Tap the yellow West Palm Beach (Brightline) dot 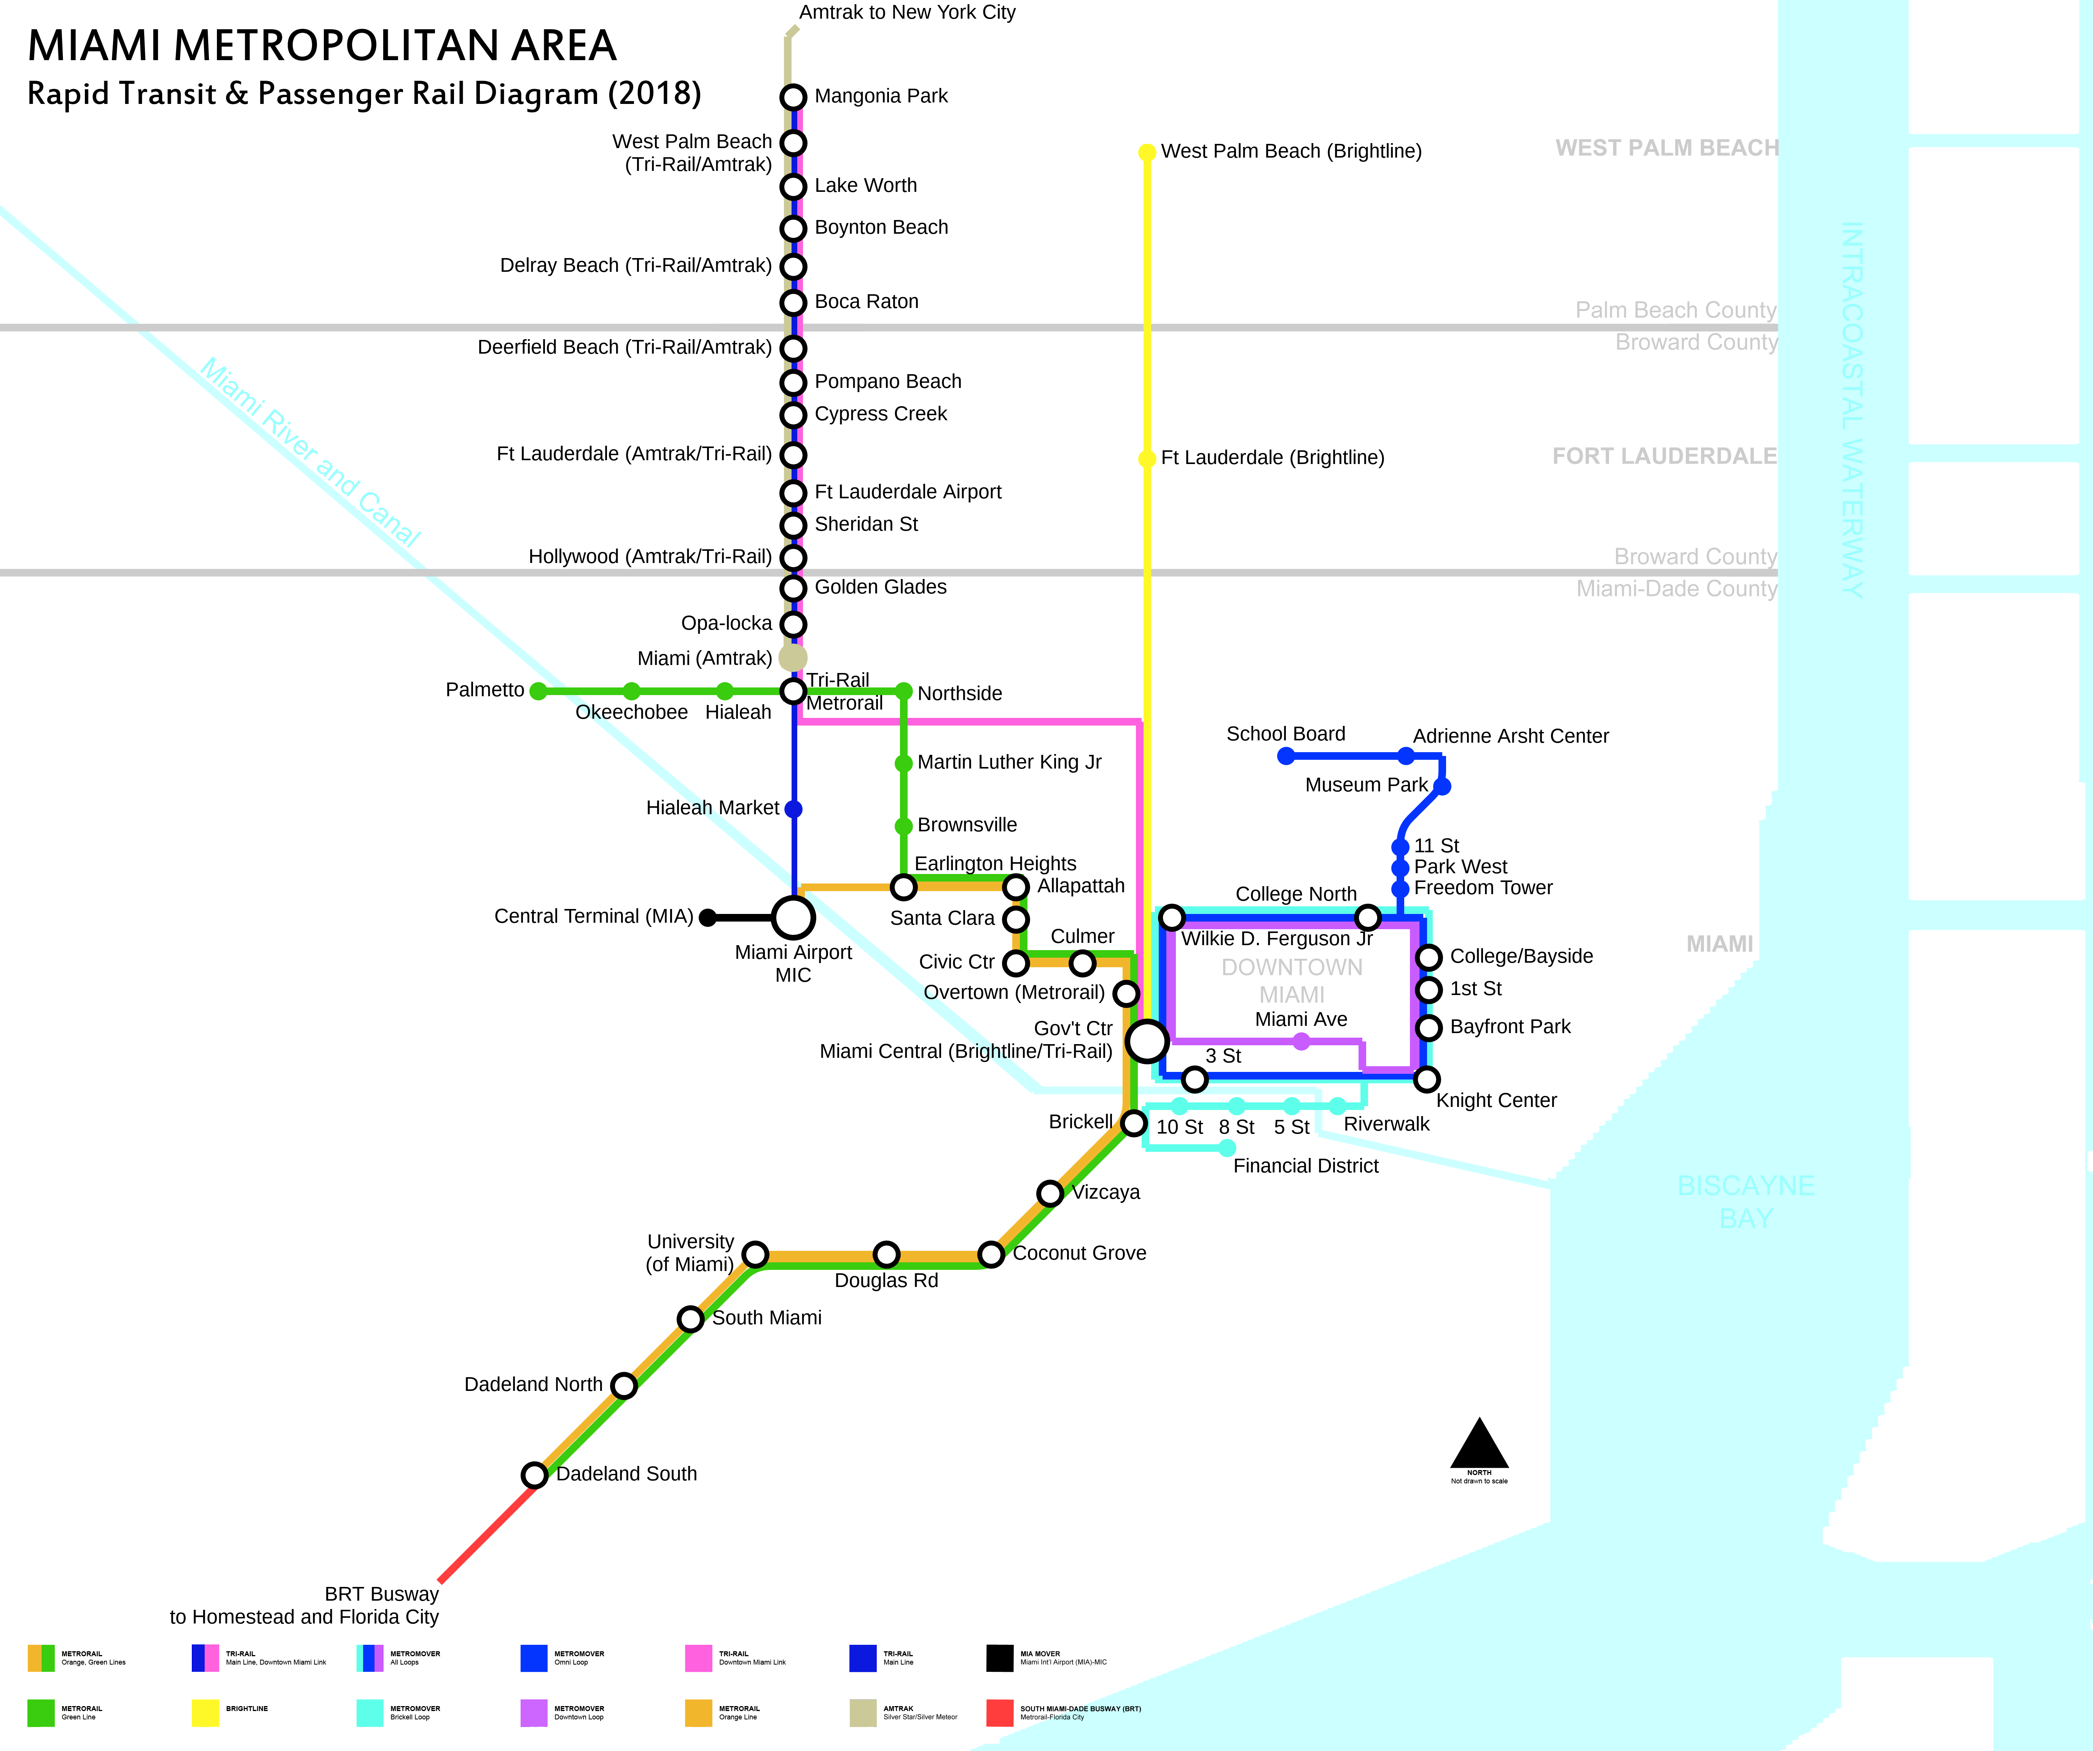click(x=1147, y=151)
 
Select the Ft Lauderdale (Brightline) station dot click(x=1147, y=458)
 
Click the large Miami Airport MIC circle click(x=793, y=917)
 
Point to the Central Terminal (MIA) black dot click(x=708, y=917)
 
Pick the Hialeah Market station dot click(x=793, y=809)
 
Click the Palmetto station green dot click(x=538, y=691)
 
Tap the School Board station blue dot click(x=1286, y=756)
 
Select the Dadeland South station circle click(x=534, y=1475)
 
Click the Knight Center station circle click(x=1427, y=1079)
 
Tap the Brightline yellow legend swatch click(x=205, y=1712)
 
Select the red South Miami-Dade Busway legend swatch click(x=1000, y=1712)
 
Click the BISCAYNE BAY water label click(x=1746, y=1202)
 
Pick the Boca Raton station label click(x=866, y=301)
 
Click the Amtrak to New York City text click(x=907, y=12)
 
